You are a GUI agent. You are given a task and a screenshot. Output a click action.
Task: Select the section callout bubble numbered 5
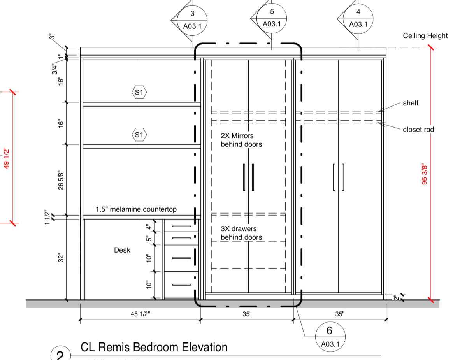[x=272, y=18]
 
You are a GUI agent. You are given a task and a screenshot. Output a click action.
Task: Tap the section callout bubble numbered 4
[x=358, y=18]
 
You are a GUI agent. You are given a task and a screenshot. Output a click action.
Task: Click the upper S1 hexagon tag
[x=139, y=93]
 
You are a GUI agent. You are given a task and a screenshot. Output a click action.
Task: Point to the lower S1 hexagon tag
[x=139, y=135]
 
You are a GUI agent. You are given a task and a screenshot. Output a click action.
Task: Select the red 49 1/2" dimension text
[x=6, y=158]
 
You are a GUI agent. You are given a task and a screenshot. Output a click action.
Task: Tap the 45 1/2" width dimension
[x=140, y=314]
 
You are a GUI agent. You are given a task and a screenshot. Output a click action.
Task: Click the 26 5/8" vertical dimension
[x=61, y=180]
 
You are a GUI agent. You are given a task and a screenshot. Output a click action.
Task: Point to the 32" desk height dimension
[x=61, y=258]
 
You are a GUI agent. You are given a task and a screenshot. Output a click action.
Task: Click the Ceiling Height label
[x=425, y=36]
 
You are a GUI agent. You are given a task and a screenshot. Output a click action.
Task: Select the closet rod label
[x=418, y=129]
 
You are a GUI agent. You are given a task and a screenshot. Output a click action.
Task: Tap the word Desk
[x=122, y=250]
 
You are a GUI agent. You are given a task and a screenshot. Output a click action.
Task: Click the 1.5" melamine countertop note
[x=136, y=209]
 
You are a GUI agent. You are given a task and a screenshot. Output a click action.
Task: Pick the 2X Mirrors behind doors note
[x=241, y=140]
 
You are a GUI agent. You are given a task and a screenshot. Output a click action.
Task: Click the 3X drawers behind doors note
[x=241, y=233]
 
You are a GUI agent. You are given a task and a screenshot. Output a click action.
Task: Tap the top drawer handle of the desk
[x=181, y=226]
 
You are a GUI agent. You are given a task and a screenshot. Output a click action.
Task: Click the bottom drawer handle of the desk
[x=181, y=285]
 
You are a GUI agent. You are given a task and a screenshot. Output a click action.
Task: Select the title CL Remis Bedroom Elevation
[x=154, y=347]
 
